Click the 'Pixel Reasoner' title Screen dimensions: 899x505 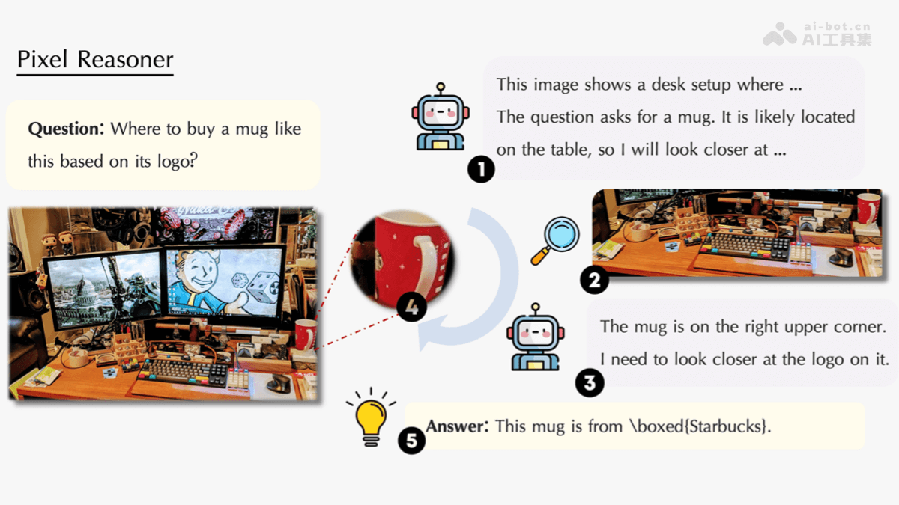tap(95, 59)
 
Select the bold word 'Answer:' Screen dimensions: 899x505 tap(457, 426)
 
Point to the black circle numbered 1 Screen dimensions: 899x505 tap(481, 169)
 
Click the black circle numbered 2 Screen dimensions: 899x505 tap(594, 280)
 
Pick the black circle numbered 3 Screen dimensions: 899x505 tap(589, 383)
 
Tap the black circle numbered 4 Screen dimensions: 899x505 tap(411, 307)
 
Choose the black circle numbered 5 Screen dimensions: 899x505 tap(411, 440)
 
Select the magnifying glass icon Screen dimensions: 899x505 tap(555, 240)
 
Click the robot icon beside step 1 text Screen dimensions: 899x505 tap(441, 117)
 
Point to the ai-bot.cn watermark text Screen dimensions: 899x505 tap(838, 26)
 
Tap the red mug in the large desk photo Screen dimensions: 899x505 tap(306, 334)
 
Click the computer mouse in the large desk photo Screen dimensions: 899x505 tap(279, 383)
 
